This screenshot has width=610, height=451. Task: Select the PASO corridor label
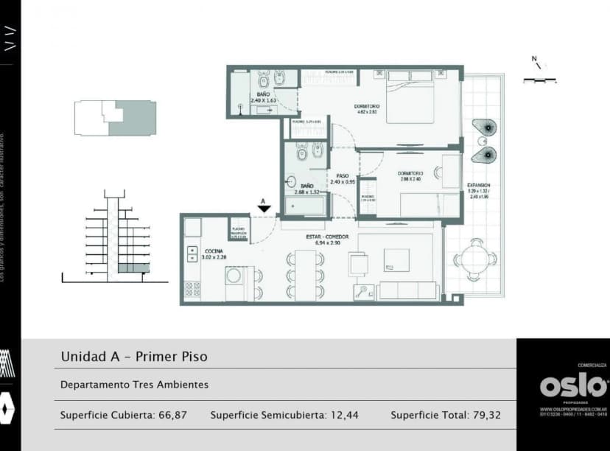pyautogui.click(x=343, y=175)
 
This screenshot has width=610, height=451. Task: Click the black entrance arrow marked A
pyautogui.click(x=262, y=209)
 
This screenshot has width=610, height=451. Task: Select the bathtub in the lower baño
pyautogui.click(x=304, y=206)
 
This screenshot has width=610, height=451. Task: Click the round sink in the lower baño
pyautogui.click(x=291, y=183)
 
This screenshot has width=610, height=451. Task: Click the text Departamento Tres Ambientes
pyautogui.click(x=134, y=385)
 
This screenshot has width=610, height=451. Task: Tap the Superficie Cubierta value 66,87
pyautogui.click(x=172, y=416)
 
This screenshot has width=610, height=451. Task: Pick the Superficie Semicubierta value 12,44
pyautogui.click(x=344, y=416)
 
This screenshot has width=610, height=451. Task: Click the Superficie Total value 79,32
pyautogui.click(x=486, y=416)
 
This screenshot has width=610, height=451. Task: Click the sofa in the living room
pyautogui.click(x=407, y=290)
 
